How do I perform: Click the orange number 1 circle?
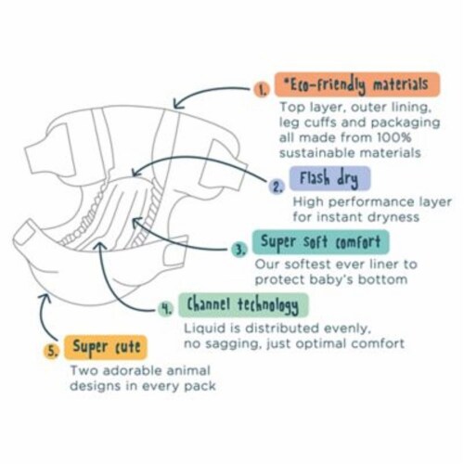pyautogui.click(x=262, y=89)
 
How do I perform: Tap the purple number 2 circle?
pyautogui.click(x=277, y=187)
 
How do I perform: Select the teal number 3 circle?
pyautogui.click(x=239, y=250)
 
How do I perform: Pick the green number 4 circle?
pyautogui.click(x=166, y=308)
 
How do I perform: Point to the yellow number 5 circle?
pyautogui.click(x=52, y=351)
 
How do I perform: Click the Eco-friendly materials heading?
pyautogui.click(x=357, y=84)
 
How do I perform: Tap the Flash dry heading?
pyautogui.click(x=329, y=178)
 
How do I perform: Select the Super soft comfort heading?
pyautogui.click(x=321, y=242)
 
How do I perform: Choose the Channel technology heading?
pyautogui.click(x=243, y=305)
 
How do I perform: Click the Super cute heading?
pyautogui.click(x=106, y=347)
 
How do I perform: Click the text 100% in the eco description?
pyautogui.click(x=394, y=137)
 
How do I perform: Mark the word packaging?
pyautogui.click(x=406, y=122)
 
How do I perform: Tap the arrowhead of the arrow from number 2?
pyautogui.click(x=135, y=173)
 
